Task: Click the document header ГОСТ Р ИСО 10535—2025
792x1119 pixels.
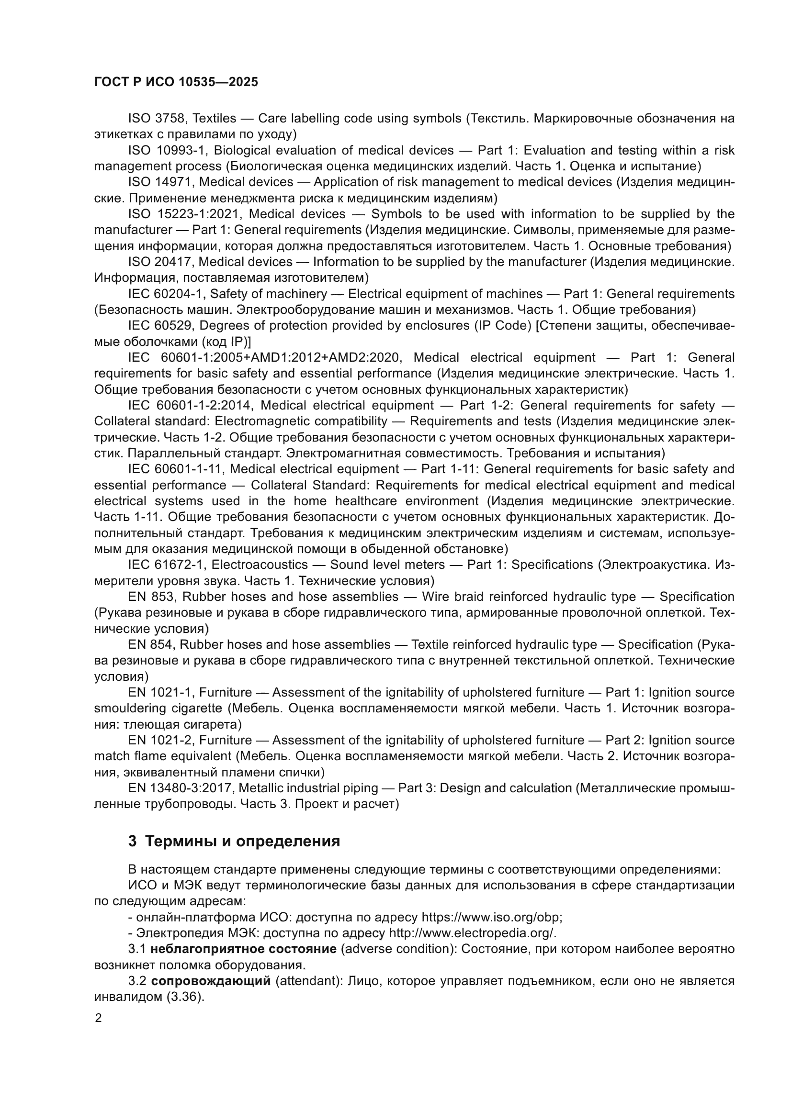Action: tap(176, 82)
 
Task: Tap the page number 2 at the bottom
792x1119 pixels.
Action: tap(99, 1018)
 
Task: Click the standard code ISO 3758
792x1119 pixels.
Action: tap(158, 119)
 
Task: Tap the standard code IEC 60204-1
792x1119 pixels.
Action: tap(165, 294)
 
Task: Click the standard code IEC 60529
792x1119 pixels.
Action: tap(160, 326)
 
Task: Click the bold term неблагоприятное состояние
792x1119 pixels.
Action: tap(243, 949)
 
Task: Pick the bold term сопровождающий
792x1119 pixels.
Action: tap(211, 981)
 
